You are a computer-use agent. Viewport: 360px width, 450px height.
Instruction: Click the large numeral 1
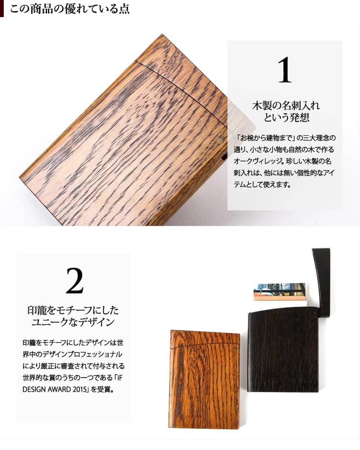(x=285, y=70)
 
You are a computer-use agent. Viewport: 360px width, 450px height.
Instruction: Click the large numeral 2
(x=75, y=281)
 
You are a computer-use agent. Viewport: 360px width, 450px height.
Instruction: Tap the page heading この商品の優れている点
(x=70, y=9)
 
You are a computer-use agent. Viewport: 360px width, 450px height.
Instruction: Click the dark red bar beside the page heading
(x=2, y=8)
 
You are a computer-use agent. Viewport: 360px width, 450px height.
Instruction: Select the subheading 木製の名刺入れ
(x=286, y=106)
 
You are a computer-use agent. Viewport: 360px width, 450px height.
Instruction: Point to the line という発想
(x=286, y=118)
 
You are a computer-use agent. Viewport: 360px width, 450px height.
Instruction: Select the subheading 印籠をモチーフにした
(x=73, y=310)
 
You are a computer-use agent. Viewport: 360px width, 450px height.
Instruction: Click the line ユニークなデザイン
(x=73, y=322)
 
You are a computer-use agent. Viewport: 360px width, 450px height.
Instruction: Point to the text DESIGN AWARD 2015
(x=55, y=390)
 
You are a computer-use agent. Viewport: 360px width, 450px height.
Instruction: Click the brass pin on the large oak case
(x=220, y=140)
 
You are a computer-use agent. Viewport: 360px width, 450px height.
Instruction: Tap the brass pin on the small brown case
(x=235, y=349)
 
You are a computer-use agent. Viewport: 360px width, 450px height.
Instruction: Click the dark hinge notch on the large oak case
(x=224, y=157)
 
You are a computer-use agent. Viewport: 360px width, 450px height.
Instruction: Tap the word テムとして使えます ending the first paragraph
(x=262, y=184)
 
